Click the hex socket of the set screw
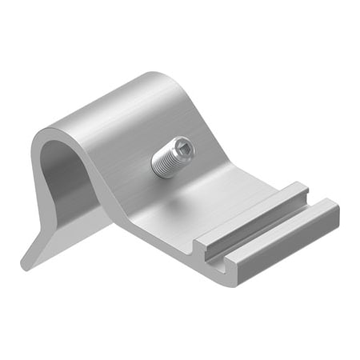pos(184,146)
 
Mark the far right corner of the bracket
pos(337,210)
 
